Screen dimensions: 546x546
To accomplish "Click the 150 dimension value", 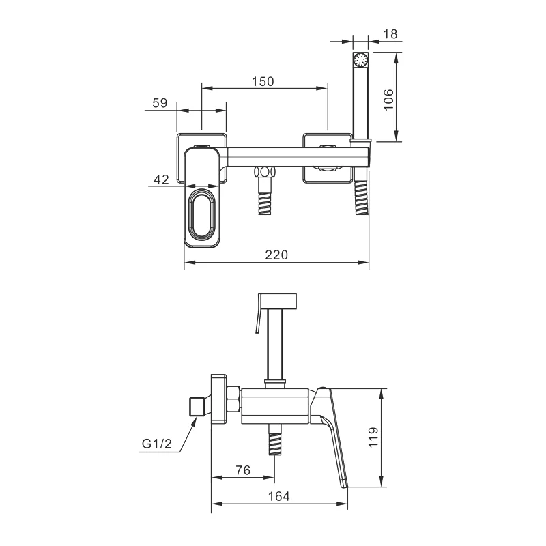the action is coord(263,81).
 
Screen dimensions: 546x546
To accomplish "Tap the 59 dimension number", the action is coord(160,103).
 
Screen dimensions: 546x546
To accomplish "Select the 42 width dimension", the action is coord(161,179).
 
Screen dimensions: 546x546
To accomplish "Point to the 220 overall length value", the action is coord(276,255).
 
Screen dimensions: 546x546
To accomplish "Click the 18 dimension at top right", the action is coord(390,34).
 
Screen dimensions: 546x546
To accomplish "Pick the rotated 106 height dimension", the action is coord(388,100).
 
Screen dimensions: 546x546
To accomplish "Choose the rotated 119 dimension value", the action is coord(373,437).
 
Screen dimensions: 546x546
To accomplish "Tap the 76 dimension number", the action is coord(243,470).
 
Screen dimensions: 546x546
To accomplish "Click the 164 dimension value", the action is coord(278,496).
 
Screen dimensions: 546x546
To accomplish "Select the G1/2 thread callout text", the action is coord(157,444).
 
